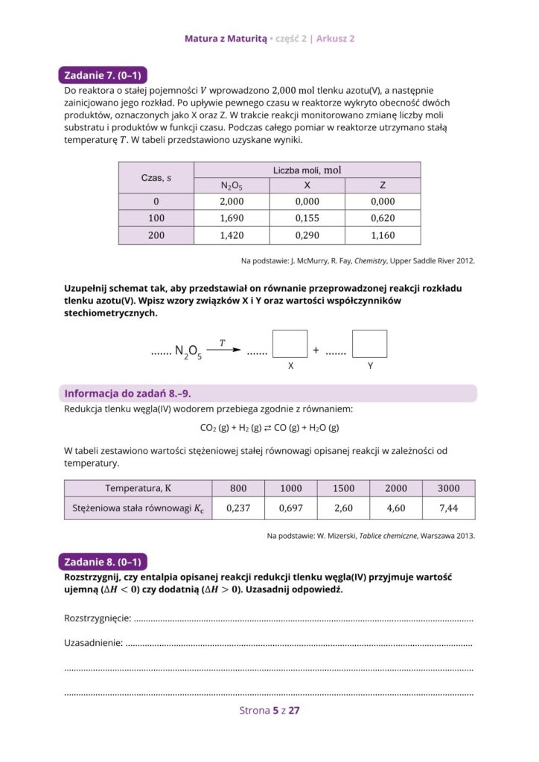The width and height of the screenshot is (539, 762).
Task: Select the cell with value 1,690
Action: (232, 219)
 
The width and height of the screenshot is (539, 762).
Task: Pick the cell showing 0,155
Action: (307, 219)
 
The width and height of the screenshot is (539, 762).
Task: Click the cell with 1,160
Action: (382, 236)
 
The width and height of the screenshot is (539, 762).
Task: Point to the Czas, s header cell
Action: (156, 179)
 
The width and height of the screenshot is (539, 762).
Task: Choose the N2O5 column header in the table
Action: (232, 186)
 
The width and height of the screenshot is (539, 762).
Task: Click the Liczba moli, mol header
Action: (307, 170)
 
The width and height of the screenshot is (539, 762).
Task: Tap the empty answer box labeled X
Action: (290, 344)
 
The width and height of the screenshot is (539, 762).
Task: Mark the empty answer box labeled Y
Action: (369, 344)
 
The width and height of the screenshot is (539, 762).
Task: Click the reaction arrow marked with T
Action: (223, 350)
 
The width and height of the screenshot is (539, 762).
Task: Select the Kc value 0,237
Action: (237, 509)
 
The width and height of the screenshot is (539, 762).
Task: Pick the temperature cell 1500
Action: (343, 489)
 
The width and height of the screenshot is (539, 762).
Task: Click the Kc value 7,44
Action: (448, 509)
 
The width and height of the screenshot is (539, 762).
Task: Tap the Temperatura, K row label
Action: (138, 489)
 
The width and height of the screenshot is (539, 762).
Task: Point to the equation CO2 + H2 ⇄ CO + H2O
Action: (269, 428)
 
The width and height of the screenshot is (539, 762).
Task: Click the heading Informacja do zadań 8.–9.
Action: (133, 394)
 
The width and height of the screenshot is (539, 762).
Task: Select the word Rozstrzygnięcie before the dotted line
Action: (98, 618)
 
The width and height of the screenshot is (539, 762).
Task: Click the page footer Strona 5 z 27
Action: (269, 711)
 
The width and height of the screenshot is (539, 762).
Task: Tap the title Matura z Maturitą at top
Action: (225, 38)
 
